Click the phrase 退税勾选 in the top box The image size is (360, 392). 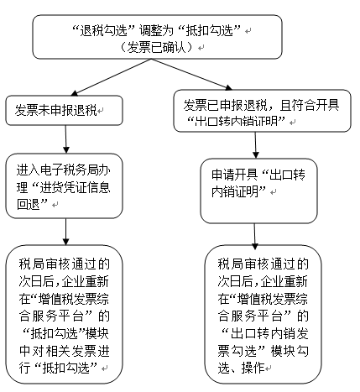coord(103,30)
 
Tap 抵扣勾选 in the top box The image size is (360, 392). coord(210,30)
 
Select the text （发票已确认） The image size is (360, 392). coord(157,47)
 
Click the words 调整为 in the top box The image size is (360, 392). coord(157,30)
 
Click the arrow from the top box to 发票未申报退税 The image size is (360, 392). coord(112,76)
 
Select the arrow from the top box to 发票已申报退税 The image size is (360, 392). coord(191,74)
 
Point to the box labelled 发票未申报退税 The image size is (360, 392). coord(64,110)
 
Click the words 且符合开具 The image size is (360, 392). coord(310,106)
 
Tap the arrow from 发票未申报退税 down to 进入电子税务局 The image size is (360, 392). coord(66,139)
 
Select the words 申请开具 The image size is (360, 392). coord(234,175)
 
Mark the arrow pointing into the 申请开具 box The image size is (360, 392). coord(255,145)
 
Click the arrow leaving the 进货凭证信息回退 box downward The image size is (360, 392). coord(66,232)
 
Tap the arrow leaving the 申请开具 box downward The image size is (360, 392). coord(254,237)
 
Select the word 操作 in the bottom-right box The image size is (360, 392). coord(253,368)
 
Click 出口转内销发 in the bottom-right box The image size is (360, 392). coord(269,333)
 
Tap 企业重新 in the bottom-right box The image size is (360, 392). coord(284,281)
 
